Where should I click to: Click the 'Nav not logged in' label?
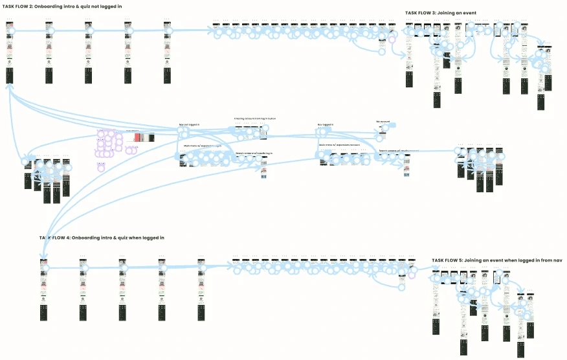point(189,124)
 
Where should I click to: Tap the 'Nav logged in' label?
point(326,124)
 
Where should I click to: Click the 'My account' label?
point(383,121)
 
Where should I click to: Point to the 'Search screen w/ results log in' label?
point(254,153)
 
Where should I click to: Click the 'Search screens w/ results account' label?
point(399,151)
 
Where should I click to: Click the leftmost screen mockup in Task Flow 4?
point(44,285)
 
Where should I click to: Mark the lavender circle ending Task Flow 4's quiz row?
point(411,275)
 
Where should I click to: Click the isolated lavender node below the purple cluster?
point(101,165)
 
